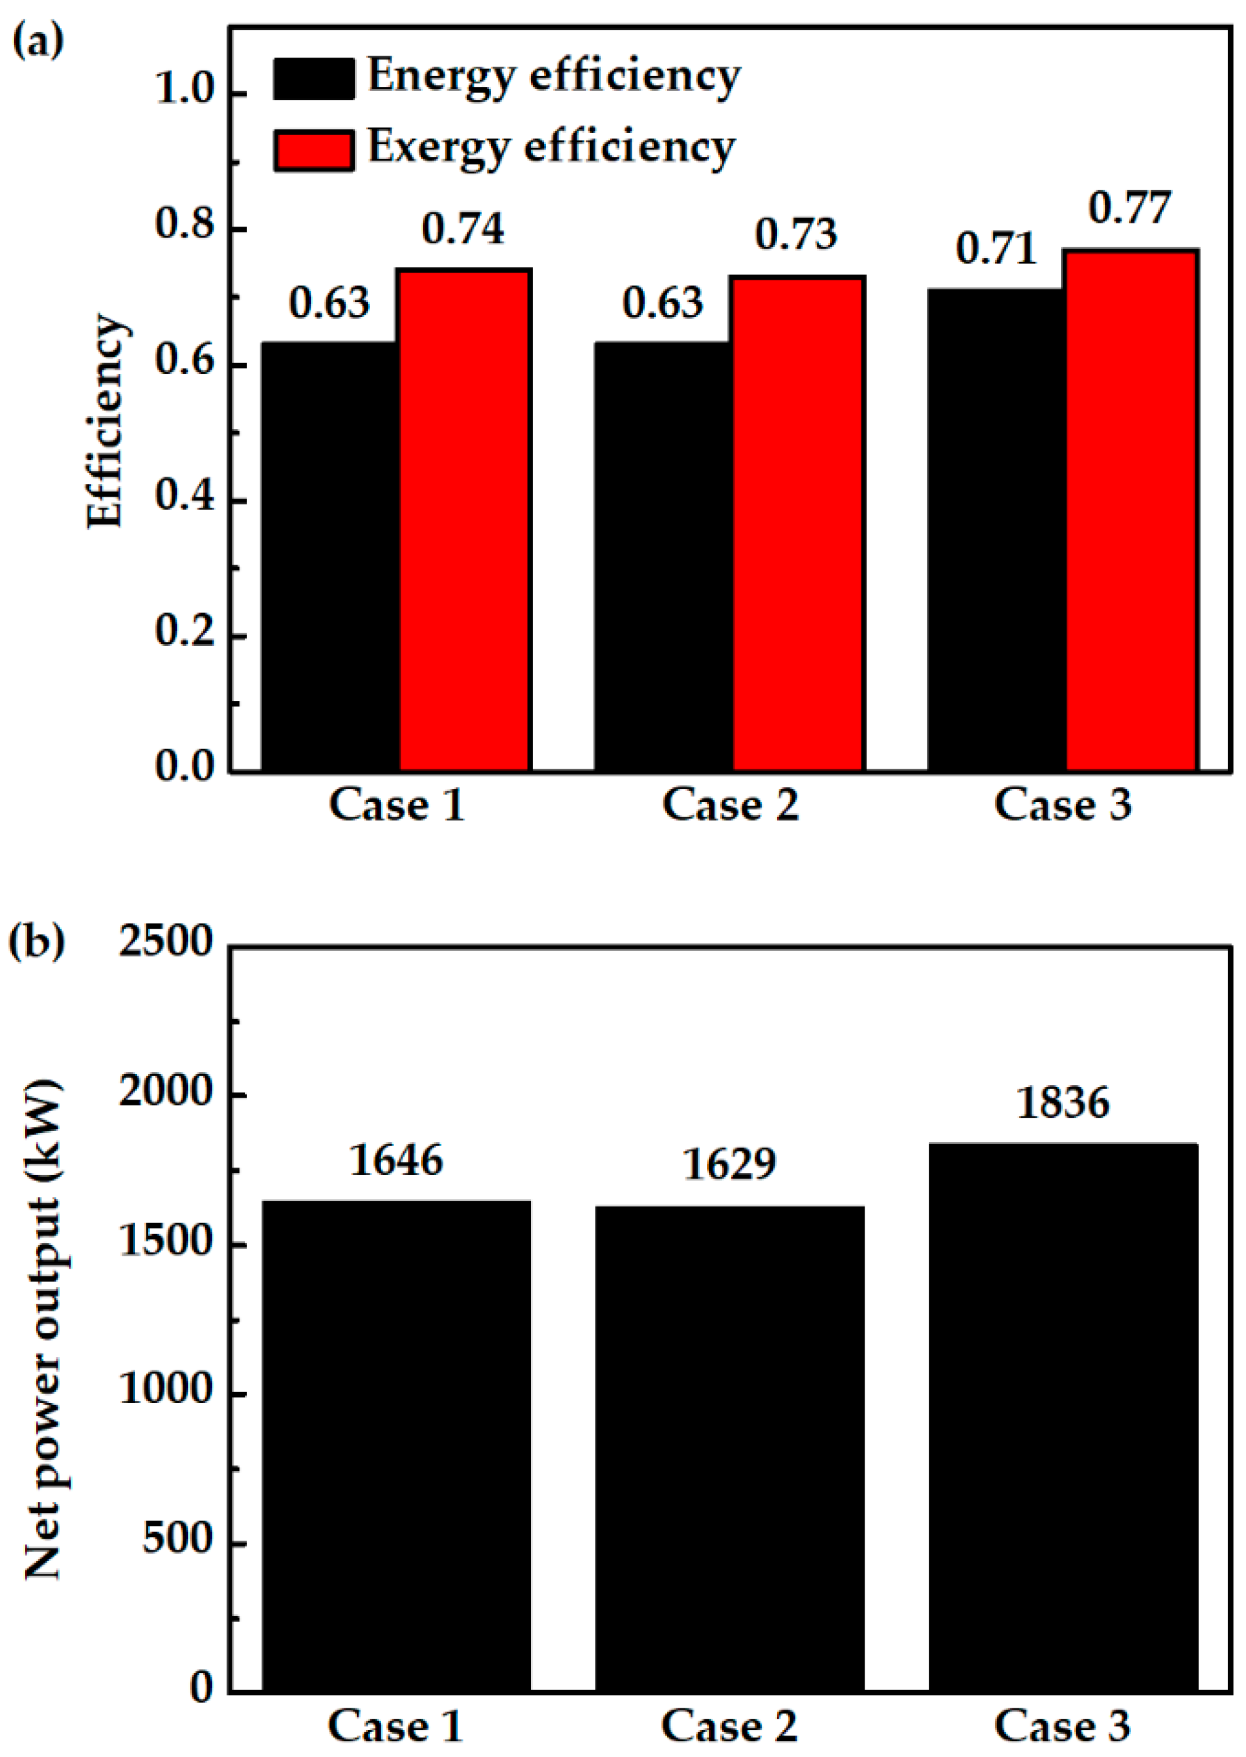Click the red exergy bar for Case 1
pos(464,520)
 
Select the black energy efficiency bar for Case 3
pos(996,529)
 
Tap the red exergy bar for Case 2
pos(798,524)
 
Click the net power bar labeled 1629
pos(730,1447)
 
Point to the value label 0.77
pos(1130,208)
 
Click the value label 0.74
pos(463,229)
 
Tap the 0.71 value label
pos(996,248)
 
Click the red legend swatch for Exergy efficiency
pos(314,150)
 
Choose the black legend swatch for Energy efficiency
pos(314,78)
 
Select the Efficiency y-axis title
pos(104,421)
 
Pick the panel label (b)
pos(37,940)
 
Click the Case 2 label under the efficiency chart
pos(730,805)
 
